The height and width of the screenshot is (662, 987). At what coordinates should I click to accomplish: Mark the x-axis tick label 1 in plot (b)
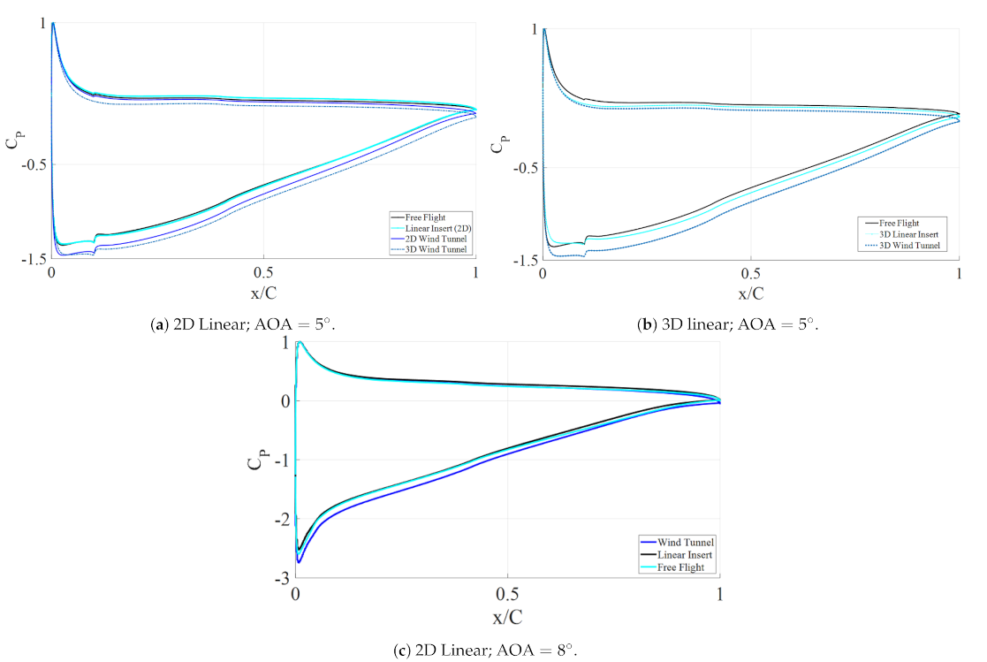(x=959, y=275)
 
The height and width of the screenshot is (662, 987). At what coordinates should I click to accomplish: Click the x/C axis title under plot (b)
(x=750, y=293)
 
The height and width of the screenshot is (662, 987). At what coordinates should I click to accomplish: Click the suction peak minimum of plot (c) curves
(x=299, y=560)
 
